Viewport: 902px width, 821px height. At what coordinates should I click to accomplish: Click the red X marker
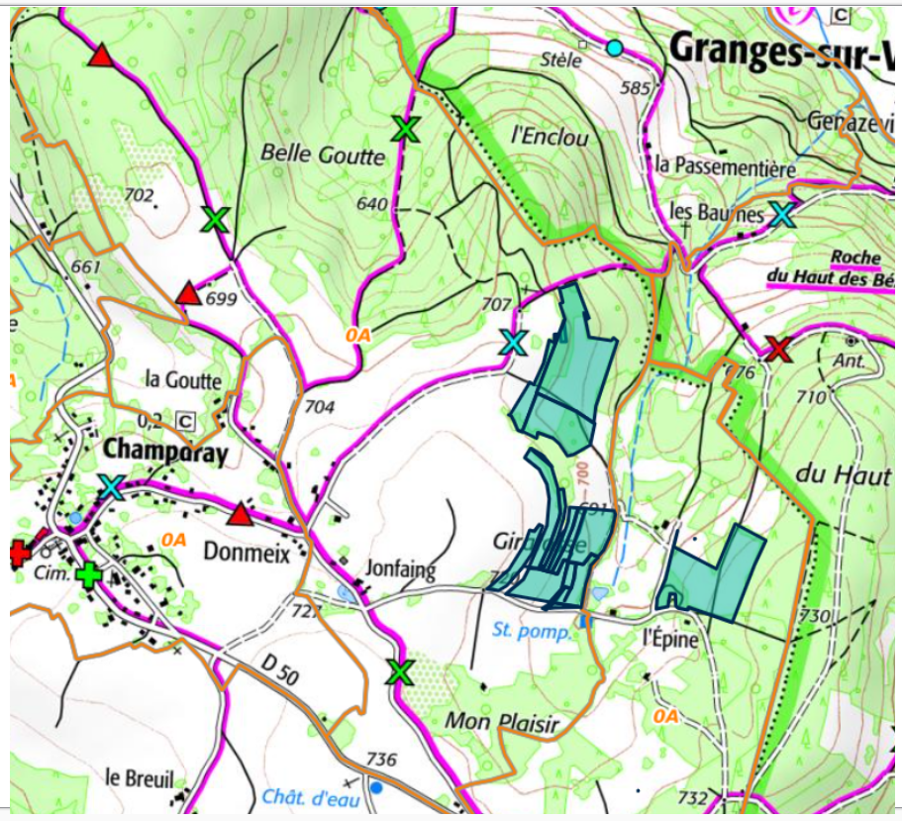pos(778,349)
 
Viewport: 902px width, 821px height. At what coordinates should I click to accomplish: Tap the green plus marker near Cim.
pos(90,574)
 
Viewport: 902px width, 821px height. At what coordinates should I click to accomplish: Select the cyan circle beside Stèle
pos(615,48)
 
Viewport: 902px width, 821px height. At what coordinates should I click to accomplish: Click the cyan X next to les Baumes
pos(782,213)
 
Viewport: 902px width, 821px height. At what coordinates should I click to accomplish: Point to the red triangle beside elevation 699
pos(187,294)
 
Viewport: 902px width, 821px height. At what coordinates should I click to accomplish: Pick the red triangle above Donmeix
pos(240,514)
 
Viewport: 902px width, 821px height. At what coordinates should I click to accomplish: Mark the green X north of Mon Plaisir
pos(400,672)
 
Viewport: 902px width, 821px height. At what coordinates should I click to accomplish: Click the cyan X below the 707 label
pos(512,343)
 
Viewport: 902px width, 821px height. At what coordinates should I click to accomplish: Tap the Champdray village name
pos(165,452)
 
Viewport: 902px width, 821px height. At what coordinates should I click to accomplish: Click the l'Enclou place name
pos(551,138)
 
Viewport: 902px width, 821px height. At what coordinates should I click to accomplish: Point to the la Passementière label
pos(725,168)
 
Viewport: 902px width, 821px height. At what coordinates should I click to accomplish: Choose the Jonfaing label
pos(401,568)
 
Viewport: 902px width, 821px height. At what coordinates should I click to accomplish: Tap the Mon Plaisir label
pos(501,722)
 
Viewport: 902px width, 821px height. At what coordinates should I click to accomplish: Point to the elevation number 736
pos(381,760)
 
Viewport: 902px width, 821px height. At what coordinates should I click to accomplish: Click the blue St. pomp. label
pos(532,630)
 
